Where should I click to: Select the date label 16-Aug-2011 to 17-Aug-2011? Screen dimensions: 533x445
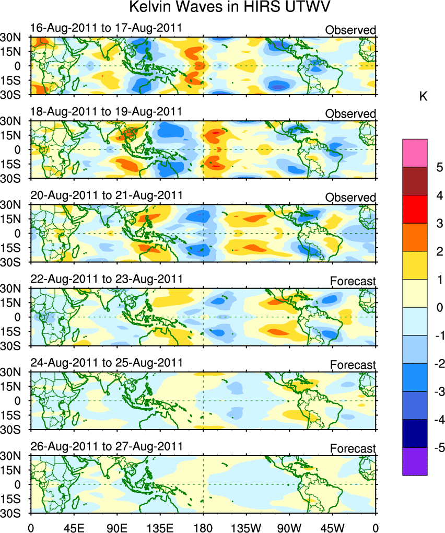(x=106, y=28)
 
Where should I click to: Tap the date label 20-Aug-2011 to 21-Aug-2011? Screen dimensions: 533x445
(x=106, y=195)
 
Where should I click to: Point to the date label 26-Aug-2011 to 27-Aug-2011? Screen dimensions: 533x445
(x=106, y=446)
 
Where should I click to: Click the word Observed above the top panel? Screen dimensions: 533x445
(x=350, y=30)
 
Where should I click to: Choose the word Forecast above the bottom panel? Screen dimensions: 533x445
(x=353, y=449)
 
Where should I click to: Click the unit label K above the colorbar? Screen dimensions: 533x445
(x=424, y=96)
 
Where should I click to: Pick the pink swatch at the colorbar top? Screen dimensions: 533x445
(x=415, y=153)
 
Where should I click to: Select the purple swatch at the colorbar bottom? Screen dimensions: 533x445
(x=415, y=461)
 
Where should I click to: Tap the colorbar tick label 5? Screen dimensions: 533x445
(x=439, y=167)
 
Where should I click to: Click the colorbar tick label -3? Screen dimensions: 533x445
(x=439, y=392)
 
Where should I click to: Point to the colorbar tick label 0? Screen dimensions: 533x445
(x=439, y=308)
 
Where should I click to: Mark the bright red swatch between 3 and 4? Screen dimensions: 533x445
(x=415, y=210)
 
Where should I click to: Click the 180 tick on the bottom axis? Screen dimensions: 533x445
(x=203, y=525)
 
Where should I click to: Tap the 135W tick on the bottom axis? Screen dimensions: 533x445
(x=246, y=525)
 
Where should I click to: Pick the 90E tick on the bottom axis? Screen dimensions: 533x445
(x=117, y=525)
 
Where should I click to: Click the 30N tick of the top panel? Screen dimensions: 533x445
(x=10, y=38)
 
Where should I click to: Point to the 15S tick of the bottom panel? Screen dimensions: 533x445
(x=10, y=499)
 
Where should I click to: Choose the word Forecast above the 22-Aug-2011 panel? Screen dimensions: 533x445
(x=353, y=282)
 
